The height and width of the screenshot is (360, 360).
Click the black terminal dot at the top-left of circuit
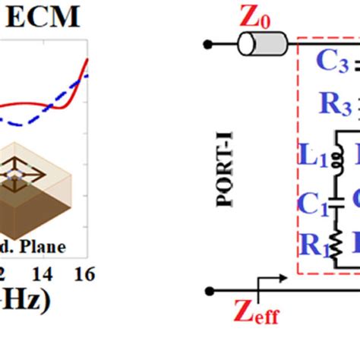pyautogui.click(x=207, y=43)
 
